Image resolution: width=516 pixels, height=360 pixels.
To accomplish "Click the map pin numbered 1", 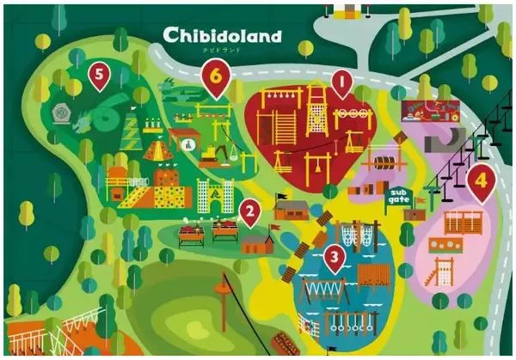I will point(342,85).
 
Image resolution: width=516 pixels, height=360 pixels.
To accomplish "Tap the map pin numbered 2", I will point(249,211).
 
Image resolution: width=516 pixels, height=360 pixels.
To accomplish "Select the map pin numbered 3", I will point(335,255).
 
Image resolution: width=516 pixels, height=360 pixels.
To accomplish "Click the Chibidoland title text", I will point(224,36).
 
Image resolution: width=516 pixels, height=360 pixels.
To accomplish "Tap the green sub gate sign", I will point(398,195).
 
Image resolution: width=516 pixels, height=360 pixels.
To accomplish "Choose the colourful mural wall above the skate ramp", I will point(430,110).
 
